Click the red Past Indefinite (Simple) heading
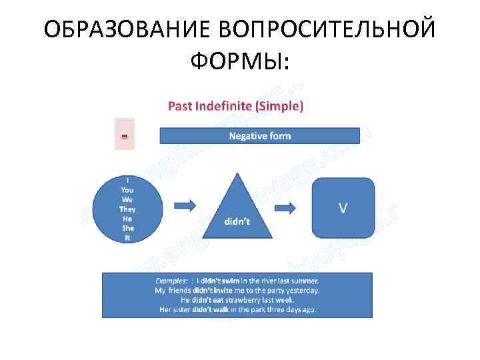click(235, 105)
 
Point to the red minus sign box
click(124, 135)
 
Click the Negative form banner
click(260, 135)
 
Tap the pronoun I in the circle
click(127, 179)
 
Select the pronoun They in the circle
click(127, 209)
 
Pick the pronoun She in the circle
click(127, 227)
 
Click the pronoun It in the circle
click(127, 237)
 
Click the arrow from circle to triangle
click(184, 204)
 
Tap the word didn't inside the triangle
click(236, 222)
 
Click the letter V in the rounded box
click(343, 207)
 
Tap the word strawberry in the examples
click(261, 300)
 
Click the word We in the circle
click(127, 199)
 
